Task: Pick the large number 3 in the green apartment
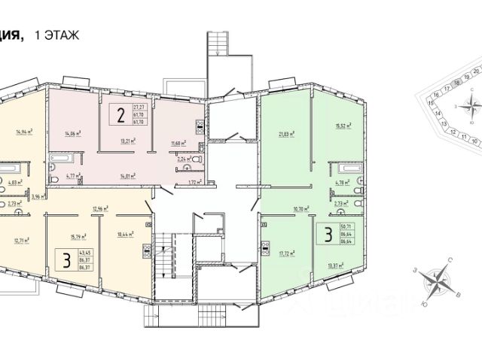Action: (x=328, y=234)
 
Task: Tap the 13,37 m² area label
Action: (x=335, y=265)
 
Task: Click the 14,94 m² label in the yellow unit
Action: (x=26, y=130)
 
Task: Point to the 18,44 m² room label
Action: (x=125, y=235)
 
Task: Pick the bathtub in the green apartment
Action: (x=347, y=166)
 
